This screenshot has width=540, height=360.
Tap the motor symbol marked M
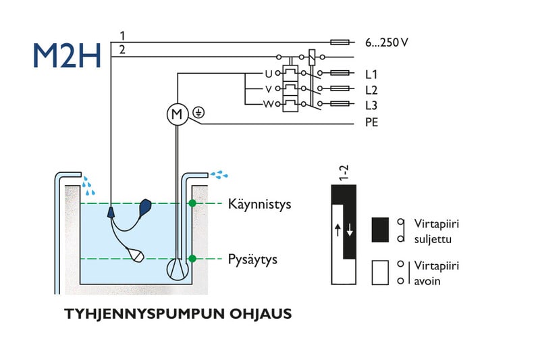(x=178, y=115)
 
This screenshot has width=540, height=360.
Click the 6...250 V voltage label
(x=387, y=42)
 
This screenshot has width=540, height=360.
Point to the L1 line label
(x=371, y=74)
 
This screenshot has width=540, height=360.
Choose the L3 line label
(x=371, y=105)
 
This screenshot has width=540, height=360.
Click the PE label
(x=371, y=124)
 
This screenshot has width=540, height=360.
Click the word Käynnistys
(x=259, y=203)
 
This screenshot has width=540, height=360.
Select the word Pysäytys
(x=252, y=259)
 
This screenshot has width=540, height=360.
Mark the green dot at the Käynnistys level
(x=192, y=203)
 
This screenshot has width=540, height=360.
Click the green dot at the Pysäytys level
(x=192, y=259)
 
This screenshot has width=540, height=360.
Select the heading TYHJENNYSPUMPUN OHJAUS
(x=178, y=315)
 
